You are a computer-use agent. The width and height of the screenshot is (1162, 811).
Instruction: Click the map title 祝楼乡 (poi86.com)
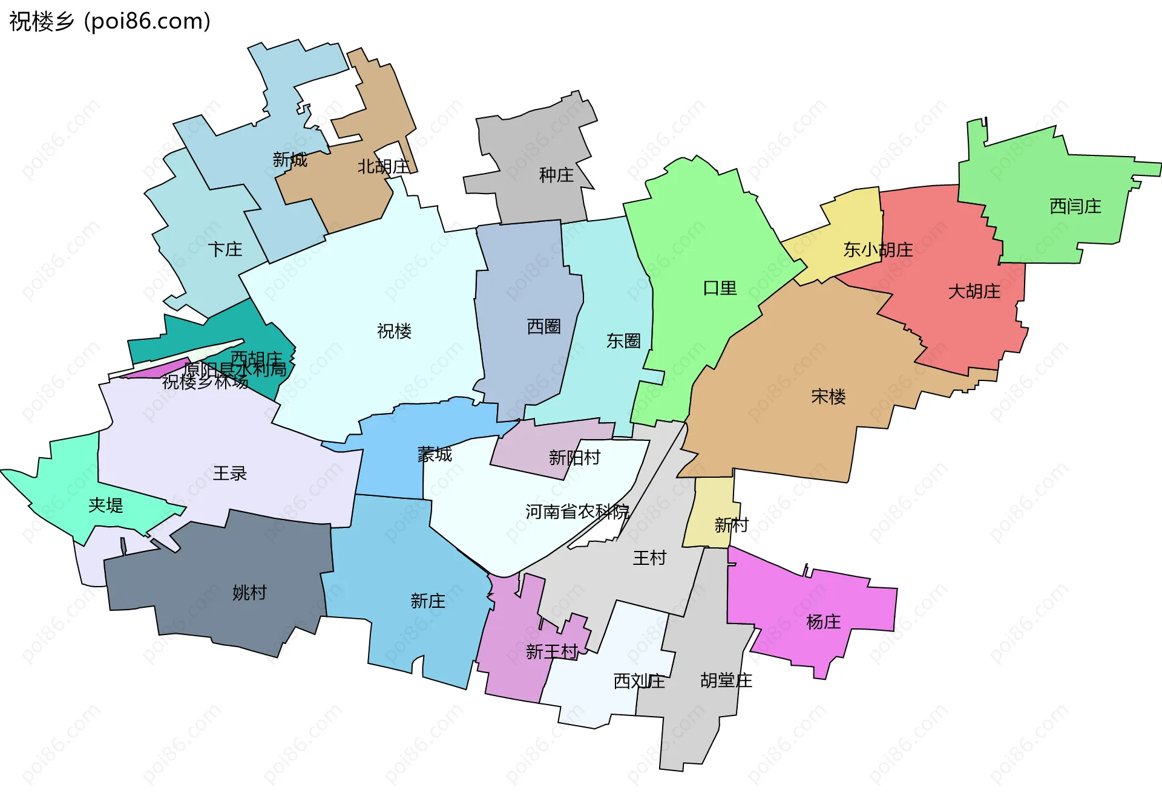110,21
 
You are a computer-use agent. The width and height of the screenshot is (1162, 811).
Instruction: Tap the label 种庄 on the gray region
556,175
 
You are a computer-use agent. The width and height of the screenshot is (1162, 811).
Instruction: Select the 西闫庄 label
1075,207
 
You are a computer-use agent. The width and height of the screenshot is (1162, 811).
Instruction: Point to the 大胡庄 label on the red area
974,292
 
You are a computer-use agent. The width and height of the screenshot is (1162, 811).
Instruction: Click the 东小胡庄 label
878,250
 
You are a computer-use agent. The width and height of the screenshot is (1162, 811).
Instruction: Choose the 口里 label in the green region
720,288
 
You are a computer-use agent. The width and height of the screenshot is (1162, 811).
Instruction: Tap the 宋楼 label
828,397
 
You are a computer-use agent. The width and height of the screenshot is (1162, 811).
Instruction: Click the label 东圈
623,341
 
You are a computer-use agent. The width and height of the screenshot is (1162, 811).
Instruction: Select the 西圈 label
543,327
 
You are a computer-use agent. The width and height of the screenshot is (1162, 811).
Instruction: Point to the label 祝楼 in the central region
394,331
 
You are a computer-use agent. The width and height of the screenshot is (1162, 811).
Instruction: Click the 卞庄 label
225,250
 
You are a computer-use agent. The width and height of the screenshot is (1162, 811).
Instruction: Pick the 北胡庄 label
383,167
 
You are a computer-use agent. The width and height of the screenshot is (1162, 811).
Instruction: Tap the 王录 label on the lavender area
229,474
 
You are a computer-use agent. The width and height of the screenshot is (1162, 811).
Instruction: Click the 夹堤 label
105,506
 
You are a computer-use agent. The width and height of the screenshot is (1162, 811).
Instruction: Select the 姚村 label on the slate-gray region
249,593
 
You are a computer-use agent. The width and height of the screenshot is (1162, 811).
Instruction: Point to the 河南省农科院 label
577,512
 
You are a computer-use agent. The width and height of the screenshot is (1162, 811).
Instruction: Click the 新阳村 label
574,458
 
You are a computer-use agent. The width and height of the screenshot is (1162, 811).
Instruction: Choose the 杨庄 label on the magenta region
823,622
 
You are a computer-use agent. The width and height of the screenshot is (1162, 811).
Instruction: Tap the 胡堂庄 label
726,681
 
